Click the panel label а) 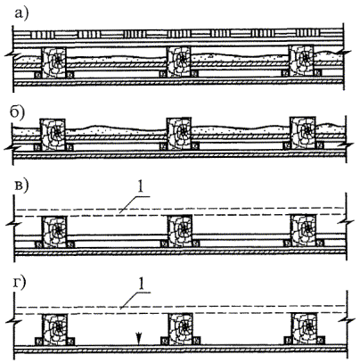pyautogui.click(x=20, y=13)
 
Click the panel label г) pyautogui.click(x=20, y=284)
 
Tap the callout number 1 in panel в pyautogui.click(x=142, y=187)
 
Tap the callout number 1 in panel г pyautogui.click(x=142, y=285)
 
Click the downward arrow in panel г pyautogui.click(x=138, y=339)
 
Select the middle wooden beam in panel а pyautogui.click(x=178, y=62)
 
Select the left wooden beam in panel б pyautogui.click(x=53, y=134)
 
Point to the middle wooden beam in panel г pyautogui.click(x=180, y=329)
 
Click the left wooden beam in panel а pyautogui.click(x=53, y=62)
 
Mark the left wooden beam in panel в pyautogui.click(x=54, y=232)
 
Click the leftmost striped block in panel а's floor pyautogui.click(x=43, y=35)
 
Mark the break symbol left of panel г pyautogui.click(x=13, y=321)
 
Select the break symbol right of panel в pyautogui.click(x=347, y=223)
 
